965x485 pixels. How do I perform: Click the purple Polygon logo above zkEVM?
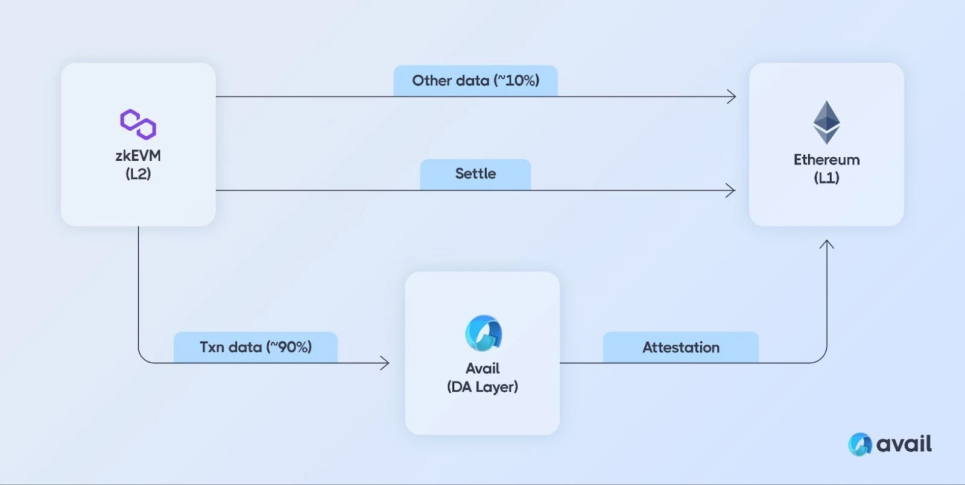point(138,124)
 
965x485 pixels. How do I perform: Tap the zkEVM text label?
point(138,155)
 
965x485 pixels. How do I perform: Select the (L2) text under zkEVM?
point(138,174)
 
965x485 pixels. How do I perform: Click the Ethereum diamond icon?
point(826,122)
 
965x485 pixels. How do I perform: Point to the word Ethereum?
point(826,160)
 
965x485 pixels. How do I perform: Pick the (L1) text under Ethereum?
point(826,178)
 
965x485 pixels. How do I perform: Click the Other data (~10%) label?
point(475,81)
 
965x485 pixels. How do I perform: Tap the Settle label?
point(475,174)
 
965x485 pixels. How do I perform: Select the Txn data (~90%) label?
point(256,347)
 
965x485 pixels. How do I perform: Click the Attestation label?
point(681,348)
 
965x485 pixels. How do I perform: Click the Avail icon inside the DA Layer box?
point(483,333)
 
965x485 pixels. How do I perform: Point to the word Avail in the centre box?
point(482,368)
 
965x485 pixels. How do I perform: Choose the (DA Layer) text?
point(482,387)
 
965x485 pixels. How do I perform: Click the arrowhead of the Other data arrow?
point(732,96)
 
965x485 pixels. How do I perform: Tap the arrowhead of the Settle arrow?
point(732,190)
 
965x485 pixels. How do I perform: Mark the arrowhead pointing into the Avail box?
point(385,363)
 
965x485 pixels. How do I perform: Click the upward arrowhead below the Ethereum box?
point(827,244)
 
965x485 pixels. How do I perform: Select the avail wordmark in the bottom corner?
point(903,445)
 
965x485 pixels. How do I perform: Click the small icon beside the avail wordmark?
point(860,445)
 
